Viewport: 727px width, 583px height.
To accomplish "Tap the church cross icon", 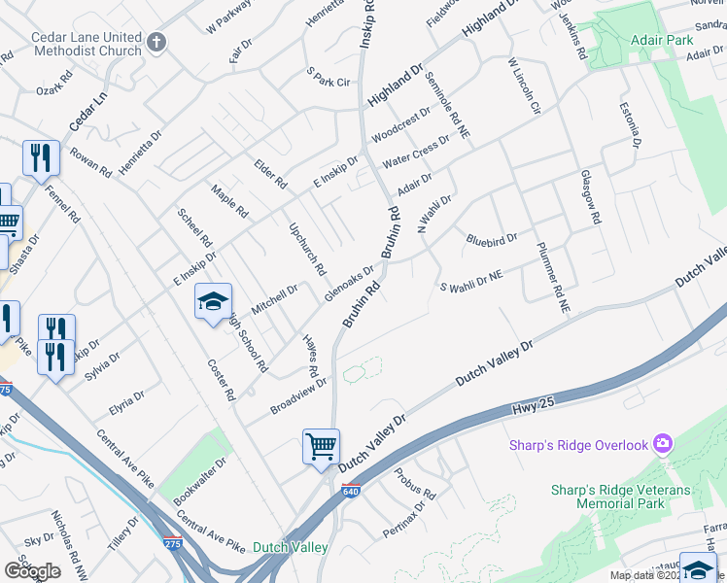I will pyautogui.click(x=157, y=43).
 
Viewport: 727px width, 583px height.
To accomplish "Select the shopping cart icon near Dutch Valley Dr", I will pyautogui.click(x=321, y=447).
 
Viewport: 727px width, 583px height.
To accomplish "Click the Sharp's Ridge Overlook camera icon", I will pyautogui.click(x=663, y=445).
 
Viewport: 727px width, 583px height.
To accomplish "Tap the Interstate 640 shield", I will pyautogui.click(x=351, y=491).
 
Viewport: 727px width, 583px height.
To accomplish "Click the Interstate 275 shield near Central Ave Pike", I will pyautogui.click(x=172, y=544).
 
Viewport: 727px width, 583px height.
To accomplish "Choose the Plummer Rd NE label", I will pyautogui.click(x=550, y=276).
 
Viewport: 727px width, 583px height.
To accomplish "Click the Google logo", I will pyautogui.click(x=32, y=571).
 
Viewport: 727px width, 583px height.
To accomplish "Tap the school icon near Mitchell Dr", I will pyautogui.click(x=214, y=302).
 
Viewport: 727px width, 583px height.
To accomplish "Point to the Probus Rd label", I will pyautogui.click(x=415, y=483).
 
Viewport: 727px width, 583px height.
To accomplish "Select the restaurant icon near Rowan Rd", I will pyautogui.click(x=41, y=158).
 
